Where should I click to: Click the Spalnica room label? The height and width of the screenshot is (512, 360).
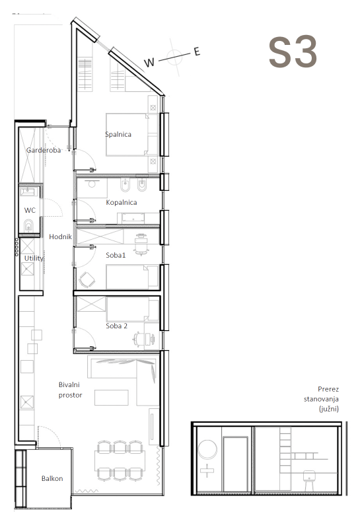(118, 134)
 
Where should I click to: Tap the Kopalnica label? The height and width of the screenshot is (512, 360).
(122, 202)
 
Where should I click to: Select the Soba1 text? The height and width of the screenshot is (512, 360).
(116, 255)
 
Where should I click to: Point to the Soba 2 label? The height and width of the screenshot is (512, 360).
(116, 326)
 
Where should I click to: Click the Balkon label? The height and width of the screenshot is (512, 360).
(52, 478)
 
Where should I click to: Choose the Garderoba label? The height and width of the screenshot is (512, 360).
(44, 150)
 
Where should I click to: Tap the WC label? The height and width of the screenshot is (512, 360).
(30, 210)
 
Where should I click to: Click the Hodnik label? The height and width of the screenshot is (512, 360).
(60, 237)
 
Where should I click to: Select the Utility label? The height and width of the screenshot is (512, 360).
(34, 258)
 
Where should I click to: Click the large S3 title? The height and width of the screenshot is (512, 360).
(293, 52)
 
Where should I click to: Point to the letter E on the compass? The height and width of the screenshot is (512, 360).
(197, 52)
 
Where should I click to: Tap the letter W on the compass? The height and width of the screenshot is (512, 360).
(149, 62)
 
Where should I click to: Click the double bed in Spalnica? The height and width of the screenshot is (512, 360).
(132, 134)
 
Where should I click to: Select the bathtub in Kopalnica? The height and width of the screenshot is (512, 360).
(133, 218)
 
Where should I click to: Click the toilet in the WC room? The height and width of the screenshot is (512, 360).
(28, 225)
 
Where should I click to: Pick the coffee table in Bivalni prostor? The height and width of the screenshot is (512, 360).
(112, 398)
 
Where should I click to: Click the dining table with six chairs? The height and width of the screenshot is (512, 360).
(120, 460)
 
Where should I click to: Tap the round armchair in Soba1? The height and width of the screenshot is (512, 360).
(87, 279)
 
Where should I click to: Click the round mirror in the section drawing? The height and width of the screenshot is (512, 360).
(207, 449)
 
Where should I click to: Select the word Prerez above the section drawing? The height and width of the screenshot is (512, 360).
(328, 389)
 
